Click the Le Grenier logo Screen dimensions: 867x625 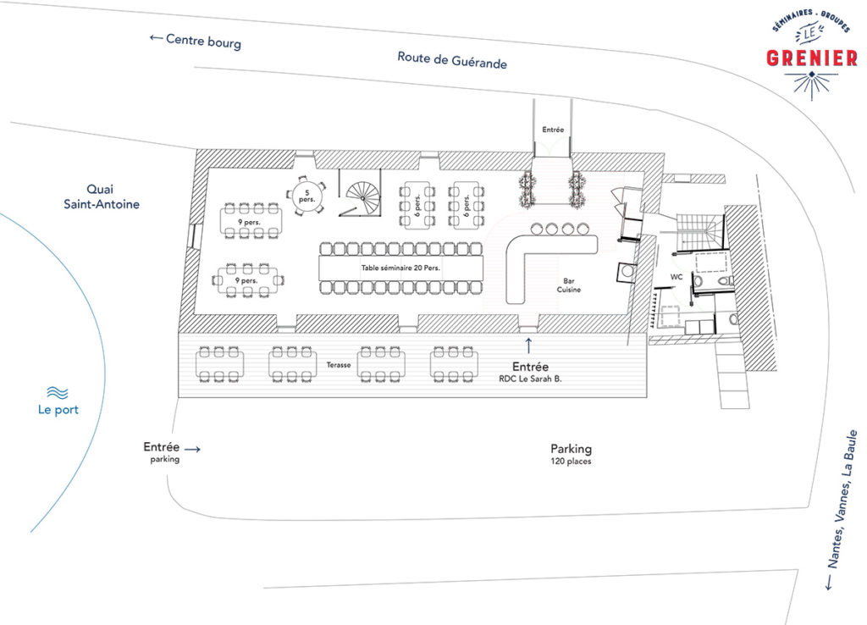[x=812, y=55]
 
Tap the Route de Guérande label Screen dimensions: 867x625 [x=452, y=60]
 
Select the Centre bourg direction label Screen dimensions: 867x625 [x=203, y=41]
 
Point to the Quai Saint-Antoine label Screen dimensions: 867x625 [x=102, y=197]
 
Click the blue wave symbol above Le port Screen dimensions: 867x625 [x=58, y=393]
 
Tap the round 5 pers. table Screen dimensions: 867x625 [x=306, y=196]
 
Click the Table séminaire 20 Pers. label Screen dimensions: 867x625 [x=400, y=268]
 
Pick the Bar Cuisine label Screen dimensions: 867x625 [x=568, y=285]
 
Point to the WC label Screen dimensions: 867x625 [x=676, y=277]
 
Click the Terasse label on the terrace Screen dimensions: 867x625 [x=339, y=365]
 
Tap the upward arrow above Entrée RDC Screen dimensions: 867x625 [x=528, y=346]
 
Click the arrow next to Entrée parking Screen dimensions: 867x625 [x=192, y=449]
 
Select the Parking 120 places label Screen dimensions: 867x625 [x=571, y=454]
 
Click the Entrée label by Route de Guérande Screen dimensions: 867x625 [x=553, y=130]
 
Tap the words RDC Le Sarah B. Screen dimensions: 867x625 [x=530, y=379]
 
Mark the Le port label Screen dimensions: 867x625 [x=58, y=410]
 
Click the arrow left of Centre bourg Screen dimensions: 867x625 [x=156, y=37]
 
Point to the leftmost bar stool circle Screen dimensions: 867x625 [x=536, y=229]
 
